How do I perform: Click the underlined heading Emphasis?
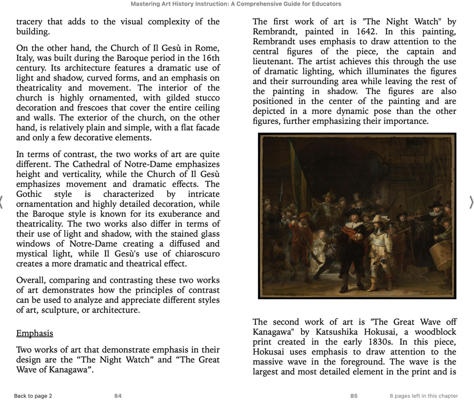(34, 334)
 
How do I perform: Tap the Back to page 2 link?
(33, 396)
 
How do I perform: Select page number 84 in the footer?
(118, 396)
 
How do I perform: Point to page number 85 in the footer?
(354, 396)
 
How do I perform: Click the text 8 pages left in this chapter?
(424, 396)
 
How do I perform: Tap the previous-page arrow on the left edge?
(2, 202)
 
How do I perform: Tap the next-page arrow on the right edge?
(471, 202)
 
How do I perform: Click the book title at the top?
(236, 4)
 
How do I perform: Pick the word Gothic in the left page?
(29, 194)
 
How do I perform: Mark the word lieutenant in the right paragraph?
(273, 61)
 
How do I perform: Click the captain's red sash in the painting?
(351, 234)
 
